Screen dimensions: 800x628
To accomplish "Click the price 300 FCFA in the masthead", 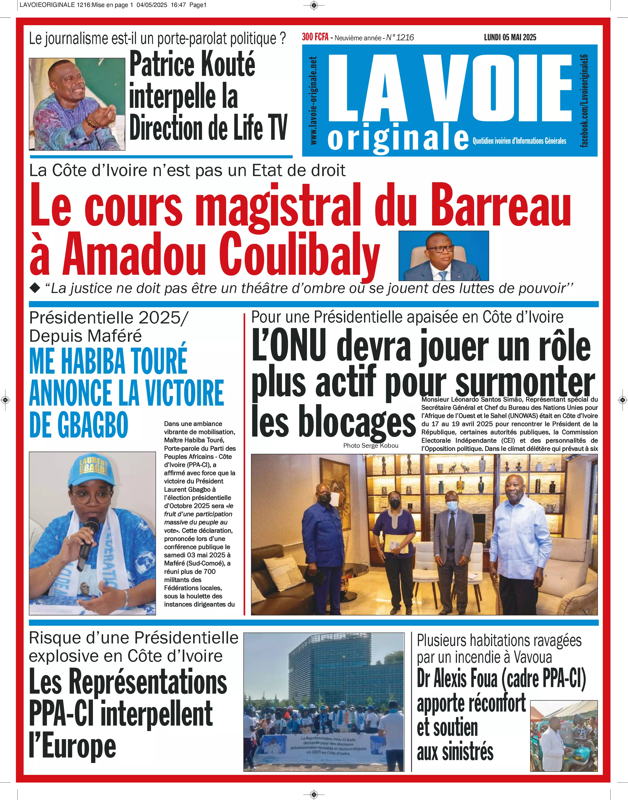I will (x=315, y=37).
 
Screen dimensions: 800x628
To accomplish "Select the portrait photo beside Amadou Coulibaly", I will (x=444, y=256).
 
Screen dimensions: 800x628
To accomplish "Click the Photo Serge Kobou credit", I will (x=371, y=445).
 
